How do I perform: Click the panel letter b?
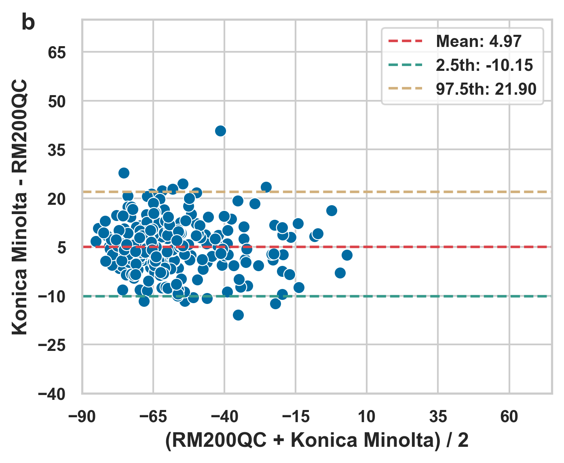pos(28,23)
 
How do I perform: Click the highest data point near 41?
pos(220,131)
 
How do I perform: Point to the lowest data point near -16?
pos(238,315)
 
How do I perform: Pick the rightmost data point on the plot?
pos(347,255)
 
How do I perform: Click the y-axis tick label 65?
pos(57,53)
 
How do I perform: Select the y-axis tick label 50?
pos(57,102)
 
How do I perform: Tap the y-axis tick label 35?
pos(57,151)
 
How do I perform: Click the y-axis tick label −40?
pos(52,394)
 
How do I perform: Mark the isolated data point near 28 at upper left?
pos(124,173)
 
